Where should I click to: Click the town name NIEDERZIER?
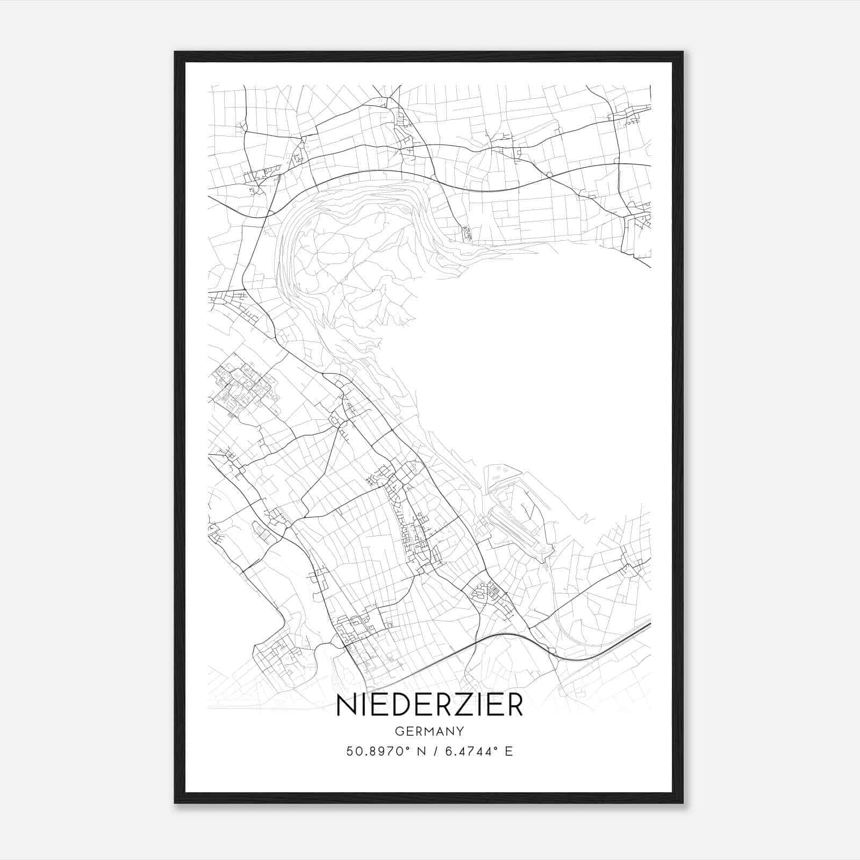429,706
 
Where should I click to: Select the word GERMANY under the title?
429,731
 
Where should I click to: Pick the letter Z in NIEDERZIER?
460,706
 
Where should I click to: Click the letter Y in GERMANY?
460,731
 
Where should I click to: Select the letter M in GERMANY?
429,731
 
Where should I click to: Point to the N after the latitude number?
421,751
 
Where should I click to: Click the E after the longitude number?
508,751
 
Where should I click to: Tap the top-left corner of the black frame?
176,53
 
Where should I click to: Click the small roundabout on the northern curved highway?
549,175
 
